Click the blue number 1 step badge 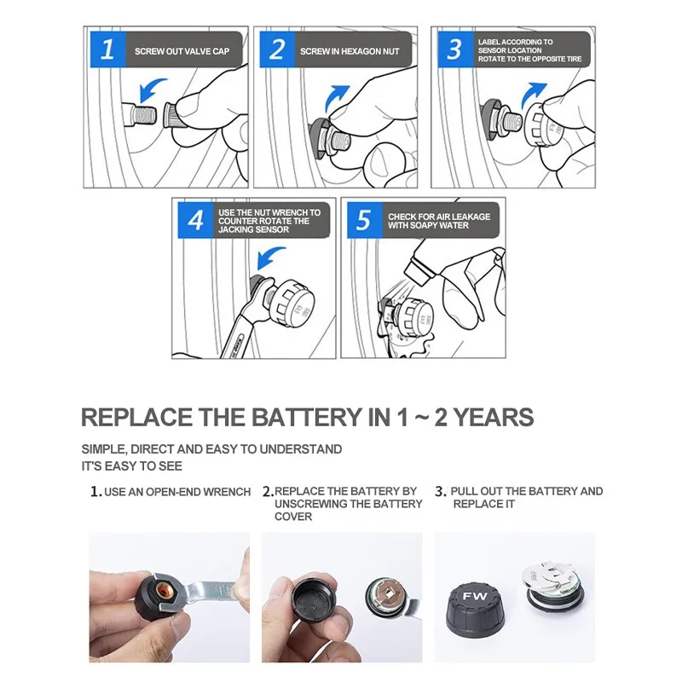(x=108, y=49)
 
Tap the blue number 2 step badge (x=277, y=49)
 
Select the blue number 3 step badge (x=455, y=49)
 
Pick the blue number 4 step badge (x=195, y=220)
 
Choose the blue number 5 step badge (x=365, y=220)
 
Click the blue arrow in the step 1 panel (x=152, y=90)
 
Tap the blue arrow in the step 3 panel (x=534, y=95)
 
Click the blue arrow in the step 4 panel (x=270, y=258)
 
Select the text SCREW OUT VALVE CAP (x=182, y=51)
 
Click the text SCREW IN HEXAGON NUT (x=350, y=51)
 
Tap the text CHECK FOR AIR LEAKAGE (x=439, y=217)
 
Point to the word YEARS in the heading (x=494, y=417)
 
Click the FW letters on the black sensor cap (x=475, y=596)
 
